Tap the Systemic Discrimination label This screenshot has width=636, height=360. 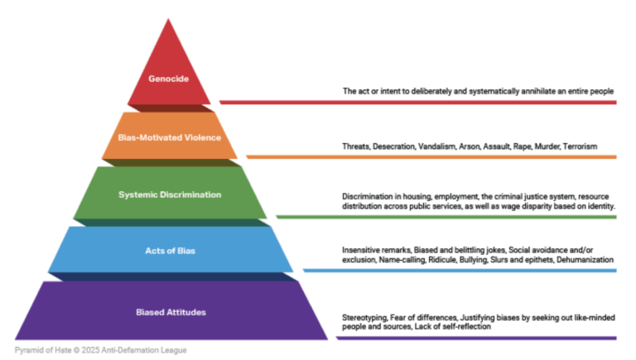coord(170,194)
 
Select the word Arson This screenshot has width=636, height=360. coord(464,146)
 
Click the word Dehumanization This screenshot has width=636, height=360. coord(585,260)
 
